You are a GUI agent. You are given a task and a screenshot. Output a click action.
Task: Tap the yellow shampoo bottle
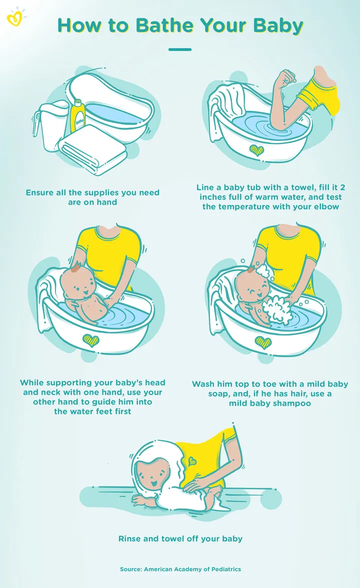tap(77, 112)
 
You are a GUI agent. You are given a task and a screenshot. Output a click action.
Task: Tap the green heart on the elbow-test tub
tap(257, 150)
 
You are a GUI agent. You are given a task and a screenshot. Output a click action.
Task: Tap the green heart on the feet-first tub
tap(90, 340)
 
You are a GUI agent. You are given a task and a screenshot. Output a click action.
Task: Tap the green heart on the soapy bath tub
tap(262, 342)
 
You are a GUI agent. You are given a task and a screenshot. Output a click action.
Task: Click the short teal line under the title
tap(180, 49)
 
